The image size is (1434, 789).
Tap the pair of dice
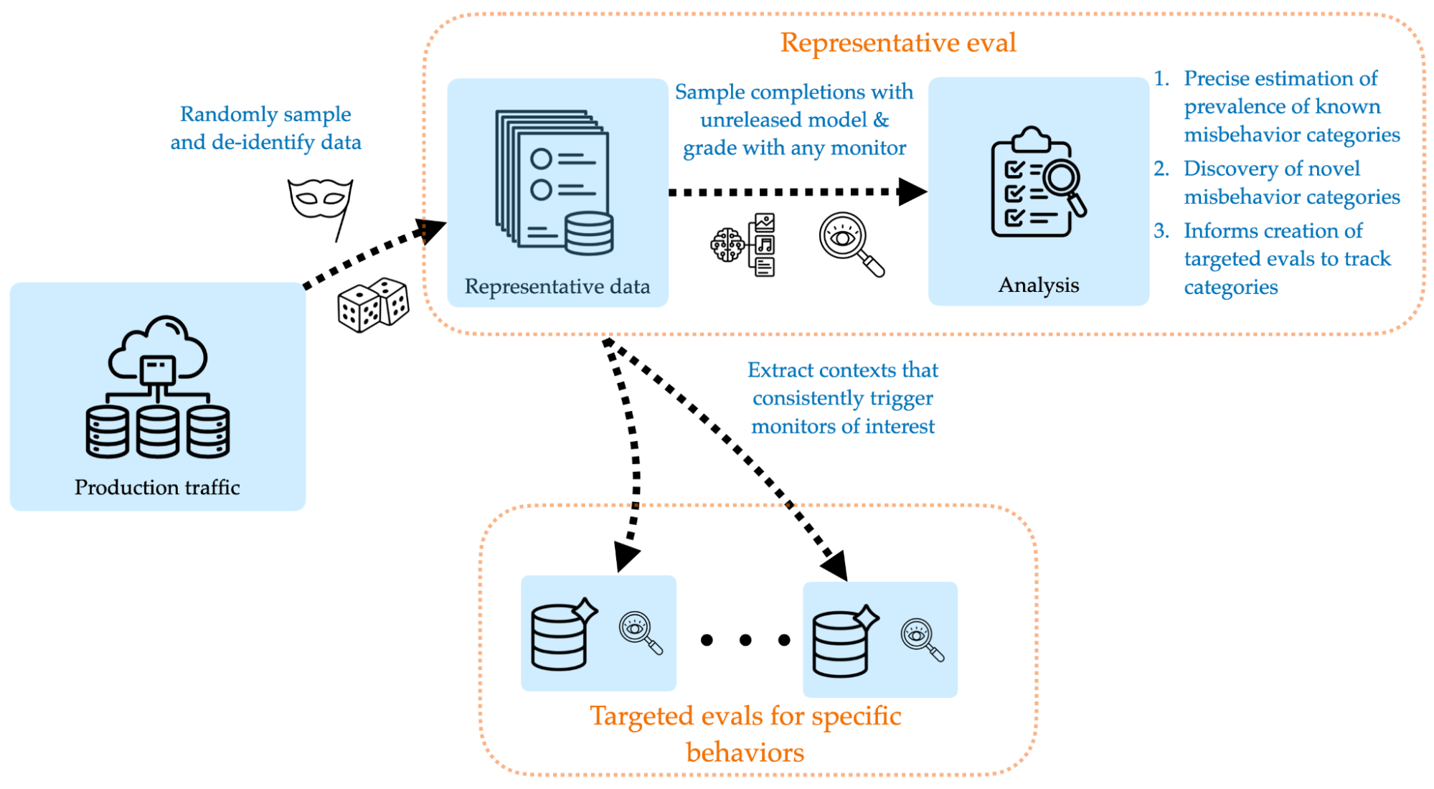point(373,305)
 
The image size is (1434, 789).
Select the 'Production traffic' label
point(157,488)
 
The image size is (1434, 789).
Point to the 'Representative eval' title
point(898,43)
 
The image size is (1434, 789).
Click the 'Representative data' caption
point(557,287)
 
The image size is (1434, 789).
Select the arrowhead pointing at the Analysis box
point(912,192)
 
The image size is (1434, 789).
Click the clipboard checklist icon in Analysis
point(1037,182)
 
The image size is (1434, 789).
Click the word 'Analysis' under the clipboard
point(1038,285)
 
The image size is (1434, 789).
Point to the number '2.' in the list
point(1161,169)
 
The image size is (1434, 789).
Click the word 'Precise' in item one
point(1217,78)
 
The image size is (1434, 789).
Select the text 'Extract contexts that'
point(842,370)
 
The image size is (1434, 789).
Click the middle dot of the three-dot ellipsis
point(745,640)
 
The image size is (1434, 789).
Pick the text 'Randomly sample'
point(265,114)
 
